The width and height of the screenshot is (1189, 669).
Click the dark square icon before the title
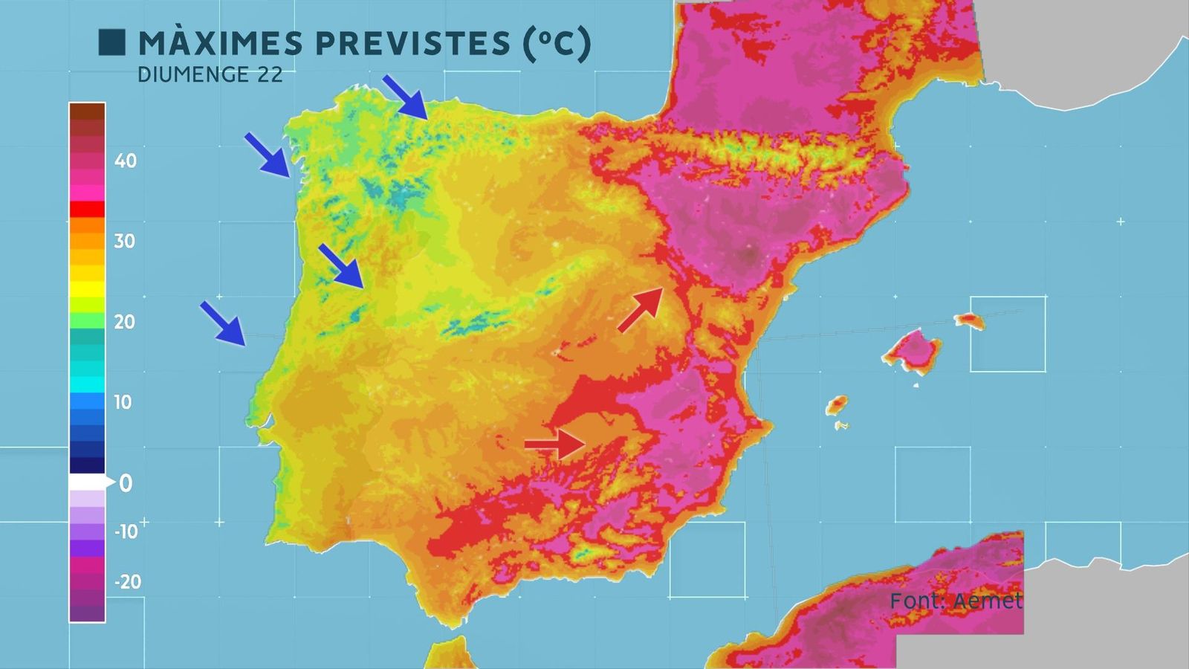111,42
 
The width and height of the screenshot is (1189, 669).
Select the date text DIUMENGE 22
210,75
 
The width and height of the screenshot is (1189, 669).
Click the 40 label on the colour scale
126,161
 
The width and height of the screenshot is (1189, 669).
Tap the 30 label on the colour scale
124,241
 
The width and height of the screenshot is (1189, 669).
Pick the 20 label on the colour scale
124,322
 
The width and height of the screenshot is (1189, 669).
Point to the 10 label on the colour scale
123,402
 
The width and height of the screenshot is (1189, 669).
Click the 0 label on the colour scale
126,483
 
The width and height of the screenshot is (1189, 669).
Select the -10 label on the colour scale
126,531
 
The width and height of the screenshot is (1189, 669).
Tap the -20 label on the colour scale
127,581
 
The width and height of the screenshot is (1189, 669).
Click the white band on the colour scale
87,482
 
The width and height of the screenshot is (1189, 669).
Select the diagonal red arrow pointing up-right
641,309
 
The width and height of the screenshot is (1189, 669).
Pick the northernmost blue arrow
405,97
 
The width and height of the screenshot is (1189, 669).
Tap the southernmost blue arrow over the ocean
222,323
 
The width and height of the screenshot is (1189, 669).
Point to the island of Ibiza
837,405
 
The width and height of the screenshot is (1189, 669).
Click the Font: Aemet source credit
956,601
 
